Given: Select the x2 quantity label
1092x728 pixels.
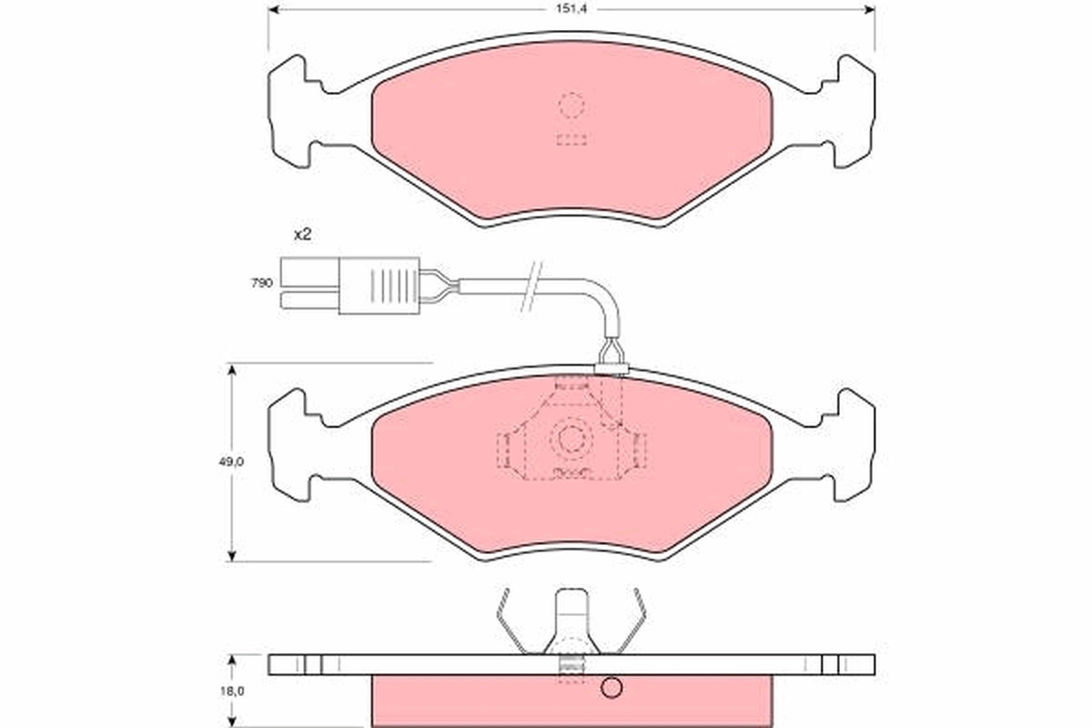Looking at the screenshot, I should (x=302, y=234).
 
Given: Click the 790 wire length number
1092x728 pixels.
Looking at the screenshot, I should (x=262, y=284).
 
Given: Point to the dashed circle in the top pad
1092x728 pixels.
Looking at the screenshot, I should (x=571, y=106).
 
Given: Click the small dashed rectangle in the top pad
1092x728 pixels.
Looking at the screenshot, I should (x=571, y=140).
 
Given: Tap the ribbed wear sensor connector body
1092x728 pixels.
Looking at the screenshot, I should (x=379, y=283).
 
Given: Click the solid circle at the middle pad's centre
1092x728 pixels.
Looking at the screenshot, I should (x=572, y=440).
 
